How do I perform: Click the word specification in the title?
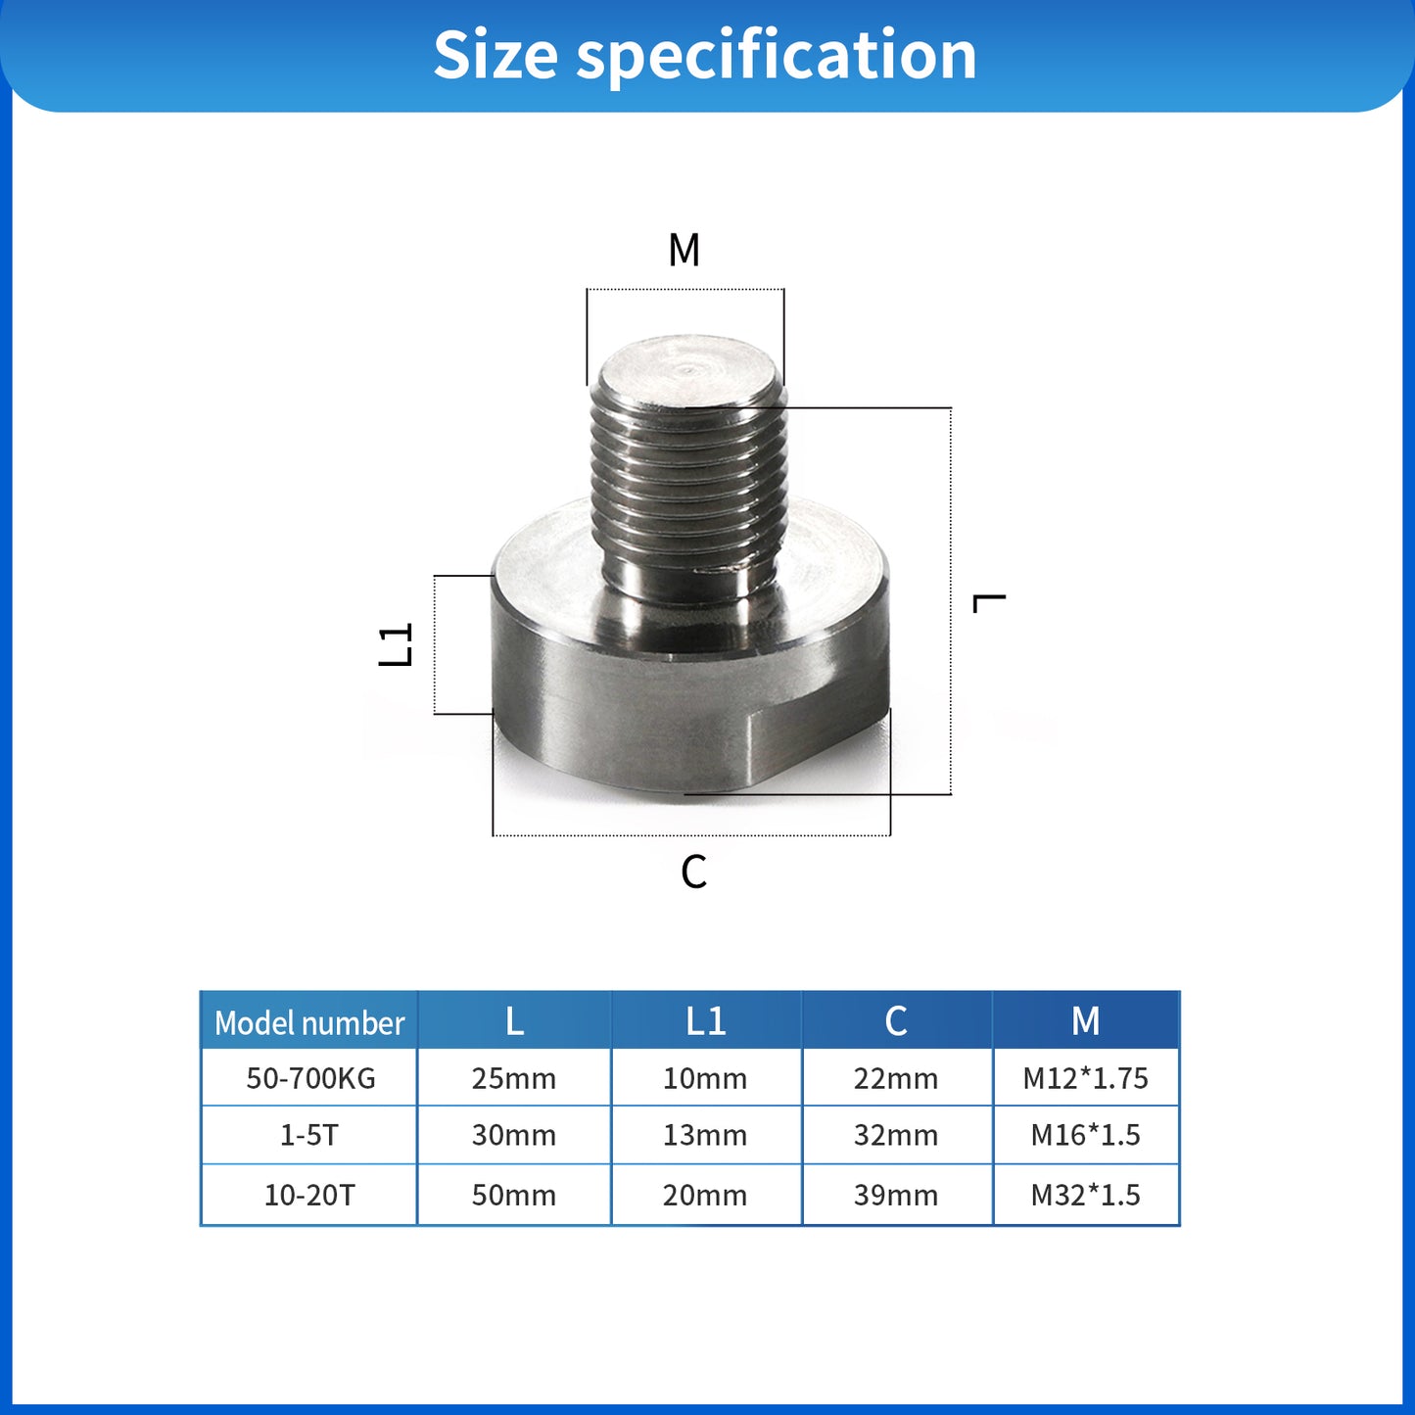coord(776,56)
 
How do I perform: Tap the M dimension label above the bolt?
coord(684,251)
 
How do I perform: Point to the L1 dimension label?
coord(397,645)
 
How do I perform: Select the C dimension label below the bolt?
coord(693,872)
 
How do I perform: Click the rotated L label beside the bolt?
coord(989,602)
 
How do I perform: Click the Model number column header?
coord(309,1023)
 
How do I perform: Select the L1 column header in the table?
coord(705,1021)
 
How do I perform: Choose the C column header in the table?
coord(896,1021)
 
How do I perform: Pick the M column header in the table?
coord(1085,1021)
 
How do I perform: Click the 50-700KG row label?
coord(310,1078)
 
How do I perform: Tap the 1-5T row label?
coord(309,1135)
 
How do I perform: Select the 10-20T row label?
coord(309,1195)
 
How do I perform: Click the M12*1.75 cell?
coord(1085,1078)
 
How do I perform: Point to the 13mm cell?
coord(705,1135)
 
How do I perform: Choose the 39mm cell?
coord(896,1195)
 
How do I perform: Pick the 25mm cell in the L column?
coord(514,1078)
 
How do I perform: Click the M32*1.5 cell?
coord(1085,1195)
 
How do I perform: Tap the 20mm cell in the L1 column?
coord(705,1195)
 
